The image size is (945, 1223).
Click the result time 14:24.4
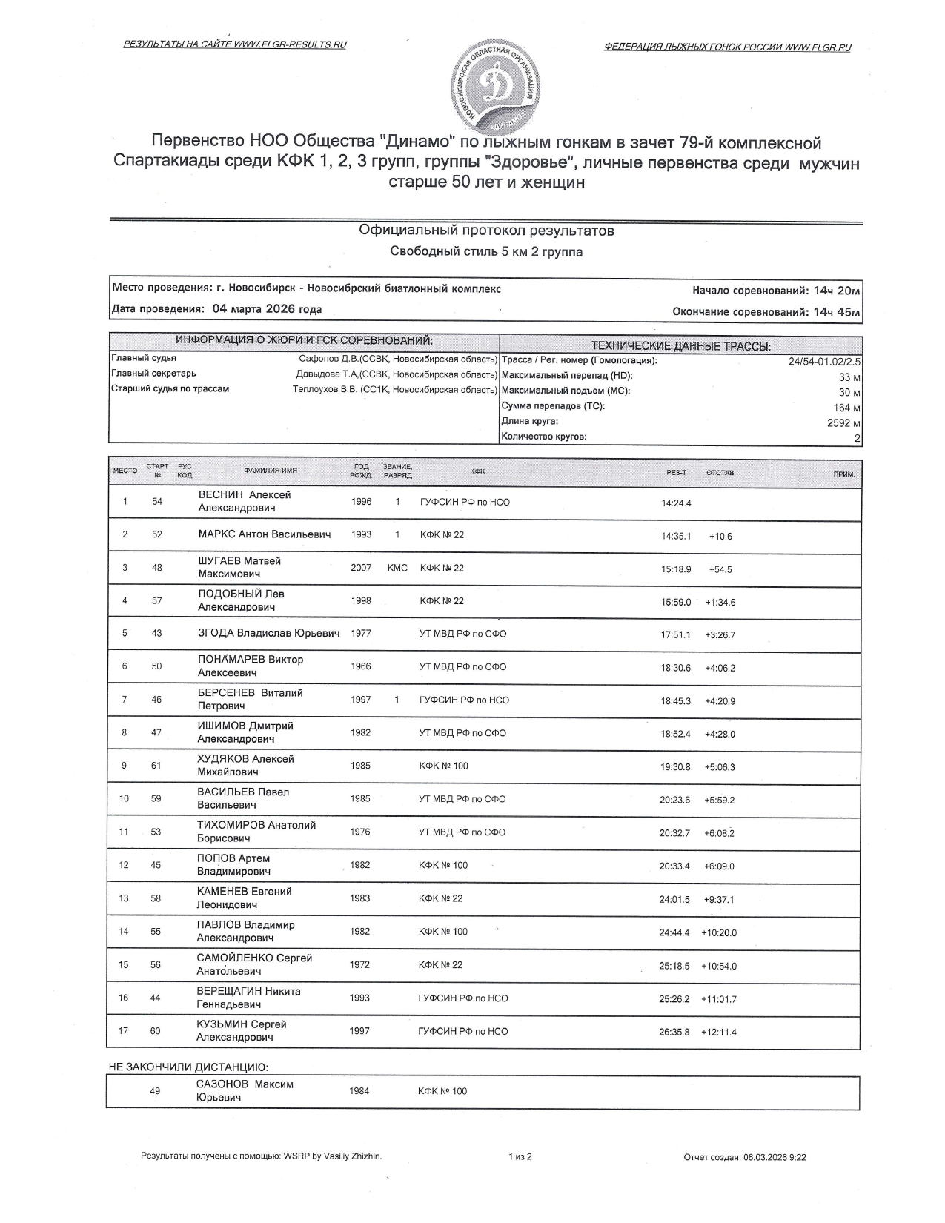[676, 503]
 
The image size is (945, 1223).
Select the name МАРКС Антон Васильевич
[265, 534]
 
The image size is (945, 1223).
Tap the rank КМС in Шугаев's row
[397, 568]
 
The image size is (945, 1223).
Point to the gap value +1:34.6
[720, 603]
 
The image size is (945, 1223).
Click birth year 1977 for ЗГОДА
[361, 634]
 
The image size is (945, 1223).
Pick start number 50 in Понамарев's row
[156, 666]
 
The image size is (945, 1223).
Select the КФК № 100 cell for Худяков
[444, 766]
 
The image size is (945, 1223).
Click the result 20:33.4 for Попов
[674, 866]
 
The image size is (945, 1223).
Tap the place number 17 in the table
[124, 1031]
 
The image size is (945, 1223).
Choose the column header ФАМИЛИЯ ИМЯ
[271, 471]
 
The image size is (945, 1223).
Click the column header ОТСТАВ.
[720, 473]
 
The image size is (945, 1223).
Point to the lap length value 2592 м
[843, 422]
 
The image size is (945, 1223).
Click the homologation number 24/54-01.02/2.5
[824, 362]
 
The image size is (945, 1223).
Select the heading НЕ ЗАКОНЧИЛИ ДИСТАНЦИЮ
[188, 1067]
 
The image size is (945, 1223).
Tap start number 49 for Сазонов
[155, 1091]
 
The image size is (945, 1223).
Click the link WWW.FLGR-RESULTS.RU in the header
[290, 44]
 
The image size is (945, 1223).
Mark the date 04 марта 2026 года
[267, 310]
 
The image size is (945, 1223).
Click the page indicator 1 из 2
[520, 1156]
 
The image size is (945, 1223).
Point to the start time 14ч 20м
[837, 291]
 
